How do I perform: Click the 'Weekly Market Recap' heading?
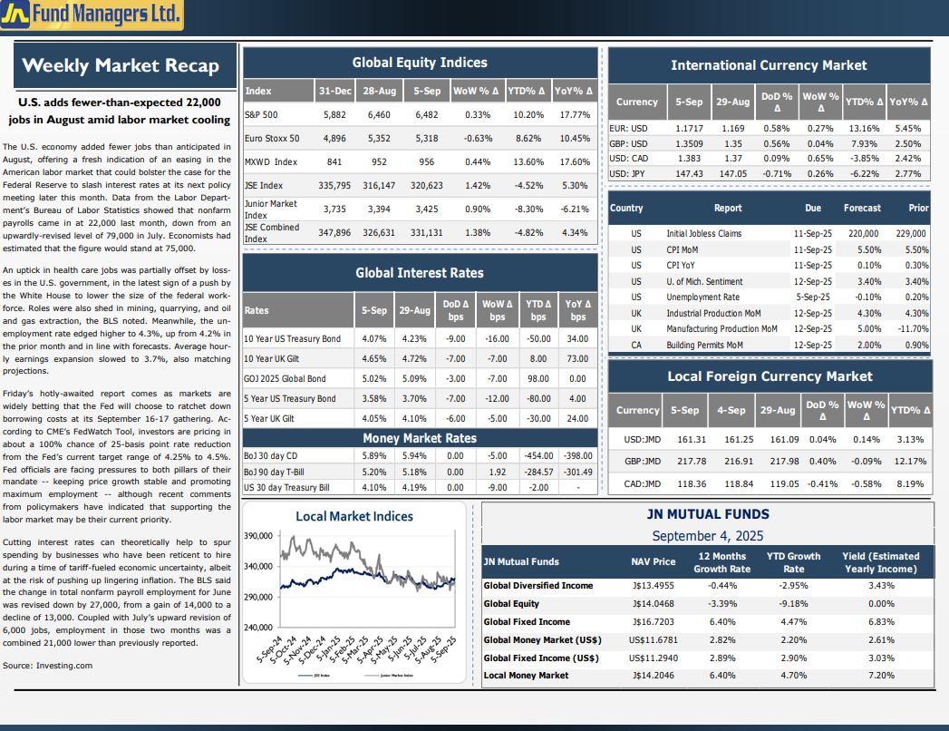point(121,65)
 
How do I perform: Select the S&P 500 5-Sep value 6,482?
point(427,114)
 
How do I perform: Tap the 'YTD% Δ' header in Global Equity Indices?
point(526,91)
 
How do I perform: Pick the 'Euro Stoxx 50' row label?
point(272,138)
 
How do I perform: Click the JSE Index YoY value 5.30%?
point(575,185)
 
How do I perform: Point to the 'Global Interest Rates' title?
point(420,273)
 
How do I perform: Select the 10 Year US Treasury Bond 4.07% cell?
point(374,338)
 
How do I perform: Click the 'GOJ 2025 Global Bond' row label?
point(285,378)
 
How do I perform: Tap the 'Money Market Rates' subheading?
point(420,438)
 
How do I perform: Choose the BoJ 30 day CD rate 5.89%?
point(374,455)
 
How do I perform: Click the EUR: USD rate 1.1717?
point(690,129)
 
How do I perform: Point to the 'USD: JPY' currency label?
point(627,174)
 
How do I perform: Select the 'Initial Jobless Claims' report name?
point(704,233)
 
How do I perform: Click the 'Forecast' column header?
point(863,208)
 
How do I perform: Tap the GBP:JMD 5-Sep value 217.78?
point(692,462)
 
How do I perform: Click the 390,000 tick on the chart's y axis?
point(258,536)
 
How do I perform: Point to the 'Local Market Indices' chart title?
point(354,516)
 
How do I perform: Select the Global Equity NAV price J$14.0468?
point(653,604)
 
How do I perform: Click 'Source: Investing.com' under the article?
point(47,666)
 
